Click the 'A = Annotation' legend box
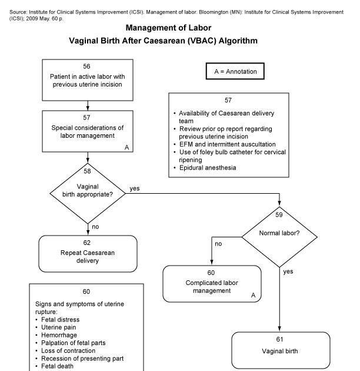[235, 71]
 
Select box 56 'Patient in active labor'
[88, 79]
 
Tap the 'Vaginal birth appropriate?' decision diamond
[88, 192]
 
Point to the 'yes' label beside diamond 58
[134, 188]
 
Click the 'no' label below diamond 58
[94, 226]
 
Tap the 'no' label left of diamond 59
[218, 243]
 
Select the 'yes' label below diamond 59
[288, 271]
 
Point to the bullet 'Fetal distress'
[60, 320]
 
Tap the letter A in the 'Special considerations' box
[127, 147]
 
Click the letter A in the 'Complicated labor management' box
[253, 294]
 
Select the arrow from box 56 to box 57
[88, 105]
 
